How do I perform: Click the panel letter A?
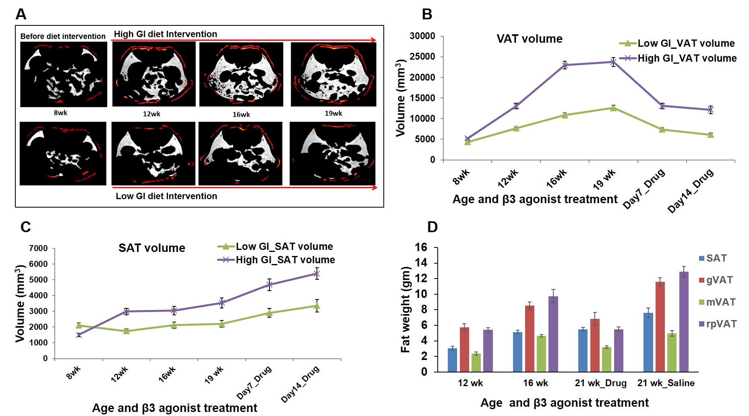point(21,15)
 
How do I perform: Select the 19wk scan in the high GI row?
point(333,74)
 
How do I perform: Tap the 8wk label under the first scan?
point(60,113)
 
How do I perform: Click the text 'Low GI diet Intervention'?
point(166,196)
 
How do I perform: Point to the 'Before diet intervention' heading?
point(63,36)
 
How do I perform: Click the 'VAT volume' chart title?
point(529,39)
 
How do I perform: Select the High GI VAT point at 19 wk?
point(613,62)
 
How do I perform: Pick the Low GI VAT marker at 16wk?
point(565,115)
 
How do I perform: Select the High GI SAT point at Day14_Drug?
point(317,274)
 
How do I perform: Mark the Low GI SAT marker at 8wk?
point(79,325)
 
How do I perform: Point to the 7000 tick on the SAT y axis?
point(38,248)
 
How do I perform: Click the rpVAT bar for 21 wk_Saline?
point(684,322)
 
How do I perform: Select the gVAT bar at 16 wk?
point(530,339)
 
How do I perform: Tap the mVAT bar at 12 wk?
point(476,362)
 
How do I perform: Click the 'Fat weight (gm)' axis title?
point(405,310)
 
